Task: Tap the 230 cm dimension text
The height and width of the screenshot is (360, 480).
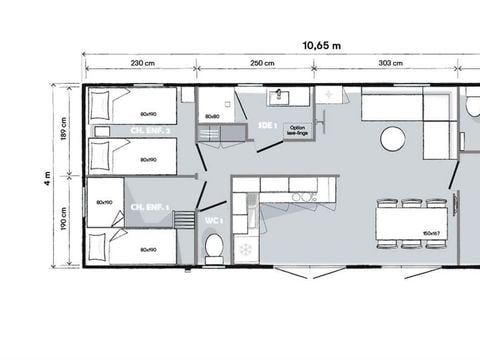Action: point(142,62)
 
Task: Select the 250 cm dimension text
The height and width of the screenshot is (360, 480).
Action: point(263,62)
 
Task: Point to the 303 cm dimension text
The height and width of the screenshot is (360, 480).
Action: point(391,62)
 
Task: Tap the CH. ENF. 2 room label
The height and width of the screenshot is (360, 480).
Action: point(150,131)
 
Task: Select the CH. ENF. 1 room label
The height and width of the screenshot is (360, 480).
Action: point(149,207)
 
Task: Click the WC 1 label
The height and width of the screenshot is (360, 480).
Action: point(213,219)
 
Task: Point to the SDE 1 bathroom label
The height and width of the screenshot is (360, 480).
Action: point(266,126)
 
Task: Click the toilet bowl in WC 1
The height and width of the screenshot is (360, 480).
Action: point(213,246)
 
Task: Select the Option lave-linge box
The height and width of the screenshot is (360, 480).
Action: point(297,131)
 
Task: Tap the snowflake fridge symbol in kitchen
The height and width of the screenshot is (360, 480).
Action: point(244,247)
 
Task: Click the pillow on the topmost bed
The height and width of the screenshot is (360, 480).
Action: point(99,101)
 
